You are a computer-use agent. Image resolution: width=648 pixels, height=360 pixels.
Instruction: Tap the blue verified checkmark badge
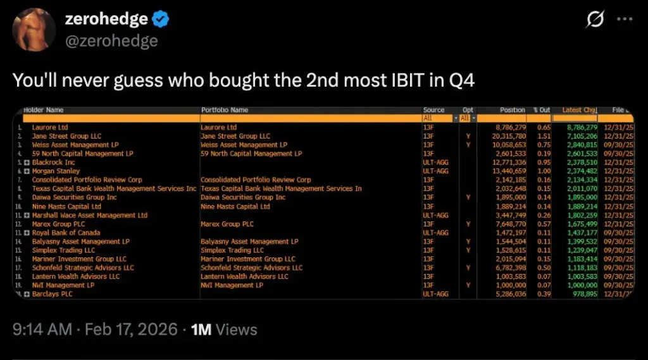[161, 20]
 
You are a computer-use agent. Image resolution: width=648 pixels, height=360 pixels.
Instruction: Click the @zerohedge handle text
[111, 41]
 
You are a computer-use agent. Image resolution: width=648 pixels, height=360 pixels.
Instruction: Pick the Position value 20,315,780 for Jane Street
[509, 136]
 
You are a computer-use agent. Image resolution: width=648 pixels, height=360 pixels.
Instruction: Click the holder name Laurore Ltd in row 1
[50, 127]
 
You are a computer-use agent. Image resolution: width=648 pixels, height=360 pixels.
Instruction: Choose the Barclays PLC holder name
[53, 294]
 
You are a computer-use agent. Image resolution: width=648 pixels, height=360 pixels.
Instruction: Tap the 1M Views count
[224, 330]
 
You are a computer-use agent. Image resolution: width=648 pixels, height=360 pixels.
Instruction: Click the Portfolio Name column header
[225, 110]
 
